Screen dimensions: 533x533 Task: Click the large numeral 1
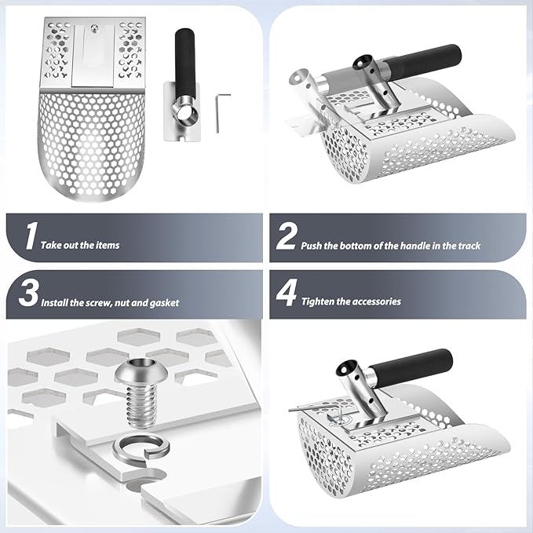(x=31, y=235)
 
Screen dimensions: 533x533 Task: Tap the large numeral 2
(x=286, y=236)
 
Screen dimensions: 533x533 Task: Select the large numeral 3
(x=28, y=293)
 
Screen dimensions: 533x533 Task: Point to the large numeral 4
(x=287, y=293)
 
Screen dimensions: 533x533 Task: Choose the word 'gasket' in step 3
(x=164, y=303)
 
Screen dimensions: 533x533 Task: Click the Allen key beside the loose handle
(x=221, y=112)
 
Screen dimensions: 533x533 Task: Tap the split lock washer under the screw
(x=141, y=450)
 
